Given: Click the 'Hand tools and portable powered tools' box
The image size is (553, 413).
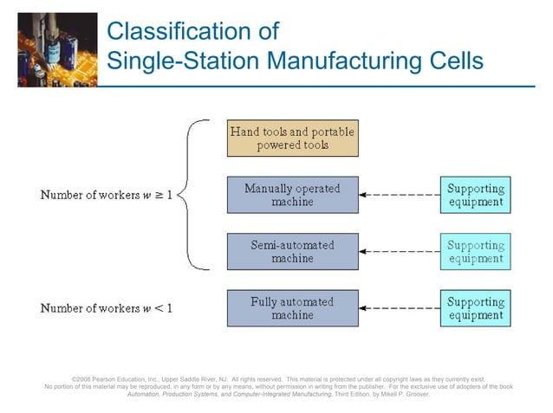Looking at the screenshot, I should (292, 139).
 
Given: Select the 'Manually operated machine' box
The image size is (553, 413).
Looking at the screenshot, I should (292, 195).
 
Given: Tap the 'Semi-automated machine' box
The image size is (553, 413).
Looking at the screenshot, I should (292, 251).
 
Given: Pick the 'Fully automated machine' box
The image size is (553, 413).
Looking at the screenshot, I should (292, 308).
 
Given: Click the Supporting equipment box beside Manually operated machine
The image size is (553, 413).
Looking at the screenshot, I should (475, 195).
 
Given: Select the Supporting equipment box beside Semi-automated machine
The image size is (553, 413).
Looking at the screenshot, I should (475, 251).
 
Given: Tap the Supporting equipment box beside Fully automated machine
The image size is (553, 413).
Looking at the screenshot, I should (475, 308).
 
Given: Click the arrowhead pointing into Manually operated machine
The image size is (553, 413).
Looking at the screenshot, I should (364, 195).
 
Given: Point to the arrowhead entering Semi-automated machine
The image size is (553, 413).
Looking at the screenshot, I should (364, 251).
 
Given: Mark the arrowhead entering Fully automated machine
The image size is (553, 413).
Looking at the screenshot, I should (364, 308).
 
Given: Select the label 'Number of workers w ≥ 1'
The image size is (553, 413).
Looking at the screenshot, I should (107, 195).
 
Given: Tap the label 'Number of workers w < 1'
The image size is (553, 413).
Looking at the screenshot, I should (107, 308).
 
